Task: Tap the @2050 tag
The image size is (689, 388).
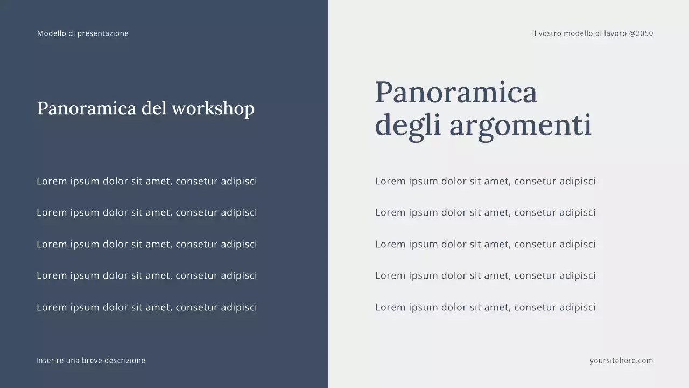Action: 641,33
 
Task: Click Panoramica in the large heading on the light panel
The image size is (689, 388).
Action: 456,92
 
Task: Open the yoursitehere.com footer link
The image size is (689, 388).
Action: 621,361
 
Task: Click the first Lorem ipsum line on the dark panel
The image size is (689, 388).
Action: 146,181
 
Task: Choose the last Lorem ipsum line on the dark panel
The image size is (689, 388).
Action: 146,307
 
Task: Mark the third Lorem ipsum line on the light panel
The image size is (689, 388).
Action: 485,244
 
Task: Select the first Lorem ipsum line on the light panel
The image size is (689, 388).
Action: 485,181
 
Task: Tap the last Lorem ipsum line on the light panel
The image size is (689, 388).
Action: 485,307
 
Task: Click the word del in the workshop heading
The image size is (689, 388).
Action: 154,108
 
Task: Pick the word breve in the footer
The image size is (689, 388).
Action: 92,361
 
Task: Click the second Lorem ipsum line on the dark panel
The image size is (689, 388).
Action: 146,212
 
